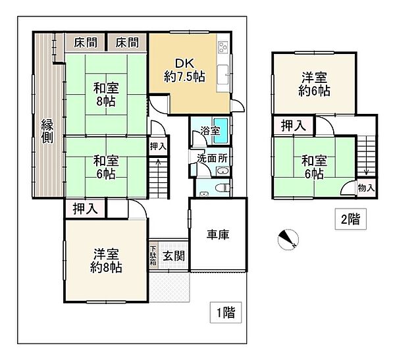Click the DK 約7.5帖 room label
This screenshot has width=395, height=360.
[x=184, y=70]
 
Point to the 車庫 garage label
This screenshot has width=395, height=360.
[x=217, y=236]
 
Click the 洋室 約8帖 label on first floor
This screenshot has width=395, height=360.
[x=106, y=261]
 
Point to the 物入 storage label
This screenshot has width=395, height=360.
[x=367, y=188]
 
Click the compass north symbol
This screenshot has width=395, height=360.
[x=287, y=239]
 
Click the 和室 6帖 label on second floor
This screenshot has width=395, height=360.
[x=313, y=167]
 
